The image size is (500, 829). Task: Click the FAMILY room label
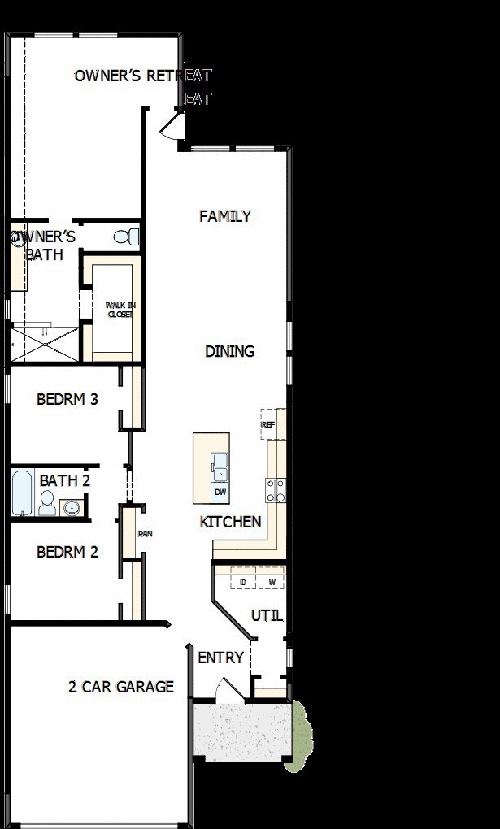225,216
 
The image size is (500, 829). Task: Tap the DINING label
229,351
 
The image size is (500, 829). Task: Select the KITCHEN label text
231,522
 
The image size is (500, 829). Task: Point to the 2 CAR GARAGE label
120,687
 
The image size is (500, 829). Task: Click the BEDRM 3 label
67,399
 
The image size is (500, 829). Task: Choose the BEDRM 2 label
67,552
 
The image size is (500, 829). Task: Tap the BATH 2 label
64,480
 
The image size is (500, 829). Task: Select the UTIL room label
267,615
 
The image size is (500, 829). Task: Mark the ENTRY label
220,658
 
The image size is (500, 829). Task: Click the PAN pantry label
146,534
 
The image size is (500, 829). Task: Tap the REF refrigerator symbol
267,425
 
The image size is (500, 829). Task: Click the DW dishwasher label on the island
220,493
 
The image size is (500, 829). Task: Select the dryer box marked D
243,582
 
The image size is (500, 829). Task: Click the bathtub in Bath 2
23,493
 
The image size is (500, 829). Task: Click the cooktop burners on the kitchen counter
276,489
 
